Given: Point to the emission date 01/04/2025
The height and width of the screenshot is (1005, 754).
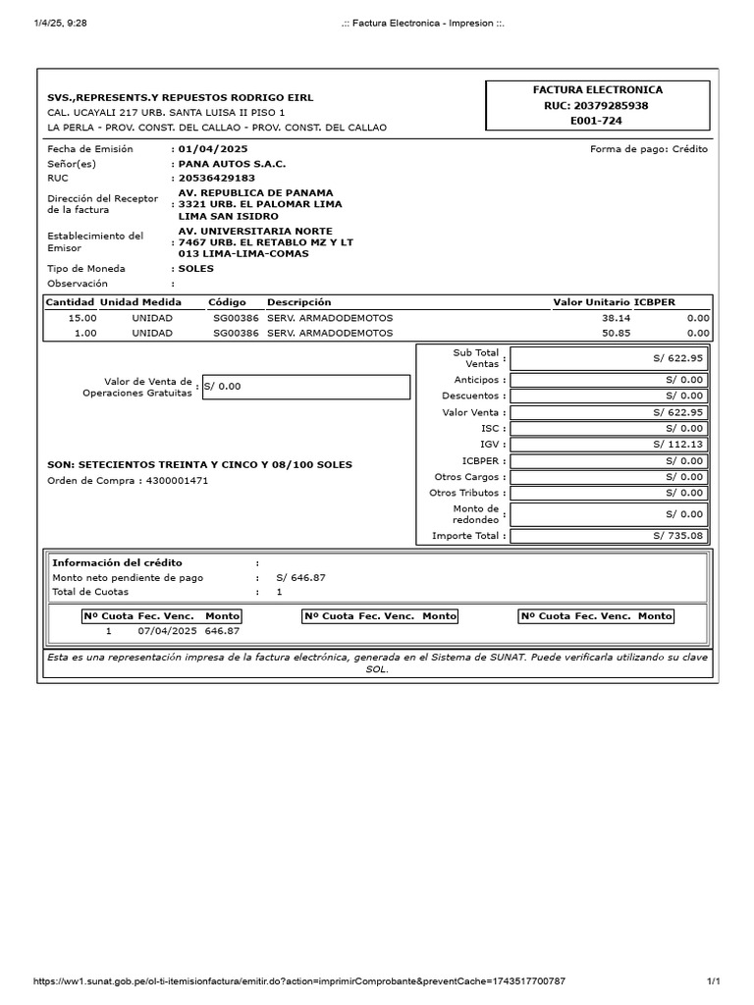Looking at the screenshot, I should point(207,149).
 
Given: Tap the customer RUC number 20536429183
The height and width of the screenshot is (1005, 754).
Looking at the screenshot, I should point(216,179).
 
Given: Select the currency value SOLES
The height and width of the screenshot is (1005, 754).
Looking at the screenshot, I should point(195,268).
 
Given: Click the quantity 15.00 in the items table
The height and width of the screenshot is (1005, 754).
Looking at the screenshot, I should point(82,318).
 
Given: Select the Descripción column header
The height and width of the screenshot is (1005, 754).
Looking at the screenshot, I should point(299,302).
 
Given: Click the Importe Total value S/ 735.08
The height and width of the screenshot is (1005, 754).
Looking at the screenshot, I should point(677,536).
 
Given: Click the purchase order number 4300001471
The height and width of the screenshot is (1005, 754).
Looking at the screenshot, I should point(177,481).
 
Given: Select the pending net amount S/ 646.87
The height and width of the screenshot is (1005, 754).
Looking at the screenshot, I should point(300,578).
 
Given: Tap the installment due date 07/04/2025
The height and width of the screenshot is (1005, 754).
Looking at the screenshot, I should point(168,631).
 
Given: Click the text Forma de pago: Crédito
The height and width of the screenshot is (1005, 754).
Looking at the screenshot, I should point(648,149).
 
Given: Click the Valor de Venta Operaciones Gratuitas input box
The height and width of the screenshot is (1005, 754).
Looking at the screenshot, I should point(305,387).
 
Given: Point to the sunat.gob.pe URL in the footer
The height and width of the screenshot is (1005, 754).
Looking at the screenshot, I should point(299,980).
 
